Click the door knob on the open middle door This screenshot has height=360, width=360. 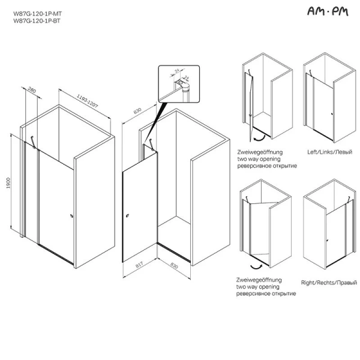pos(128,215)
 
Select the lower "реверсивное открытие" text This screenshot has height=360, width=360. pos(265,294)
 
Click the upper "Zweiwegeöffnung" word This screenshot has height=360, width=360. pos(259,152)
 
